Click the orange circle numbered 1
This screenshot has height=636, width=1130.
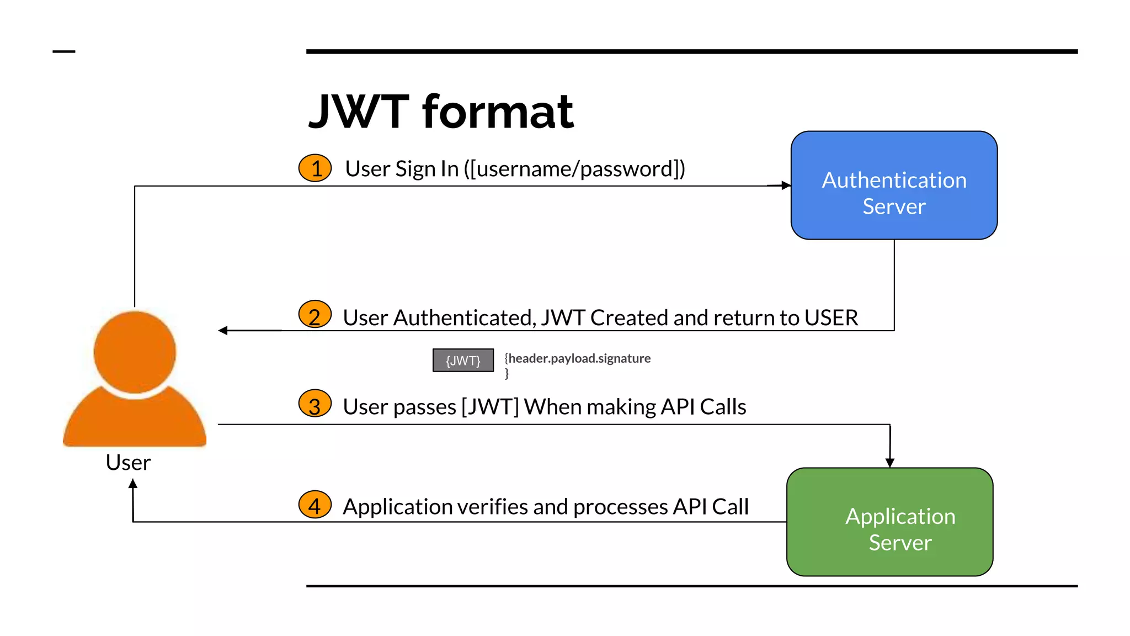click(315, 168)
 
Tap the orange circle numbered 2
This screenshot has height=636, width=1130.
click(315, 315)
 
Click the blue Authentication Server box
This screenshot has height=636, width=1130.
click(894, 185)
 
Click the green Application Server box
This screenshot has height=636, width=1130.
click(889, 522)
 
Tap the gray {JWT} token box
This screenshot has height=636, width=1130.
click(463, 361)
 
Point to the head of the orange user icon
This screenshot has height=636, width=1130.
click(135, 352)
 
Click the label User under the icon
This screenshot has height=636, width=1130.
click(128, 462)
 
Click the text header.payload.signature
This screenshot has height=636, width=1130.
click(579, 358)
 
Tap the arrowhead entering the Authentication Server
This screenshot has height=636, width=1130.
click(786, 185)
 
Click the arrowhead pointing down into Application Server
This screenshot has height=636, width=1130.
click(890, 463)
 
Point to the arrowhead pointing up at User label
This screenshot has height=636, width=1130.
click(133, 484)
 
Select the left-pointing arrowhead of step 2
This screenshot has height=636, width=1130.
click(223, 330)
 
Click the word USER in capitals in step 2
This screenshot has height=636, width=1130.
click(831, 318)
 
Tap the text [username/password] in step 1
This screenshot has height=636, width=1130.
click(574, 169)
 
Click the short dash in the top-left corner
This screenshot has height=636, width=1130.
click(63, 52)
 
